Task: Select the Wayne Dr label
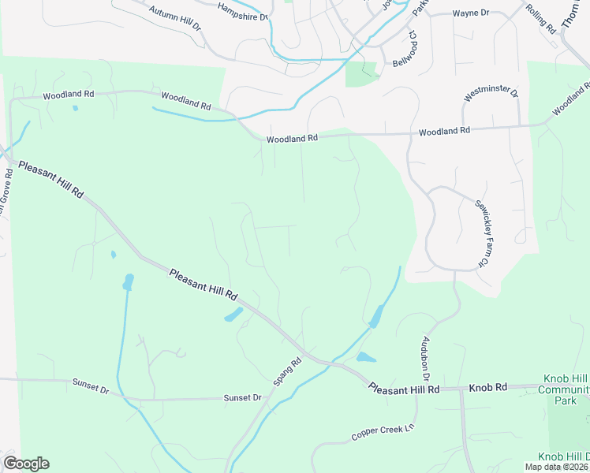[x=471, y=13]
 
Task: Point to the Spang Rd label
[x=288, y=372]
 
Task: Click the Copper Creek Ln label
[x=383, y=433]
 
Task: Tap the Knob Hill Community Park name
[x=563, y=389]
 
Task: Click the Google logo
[x=26, y=464]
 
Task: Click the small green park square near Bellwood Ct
[x=360, y=73]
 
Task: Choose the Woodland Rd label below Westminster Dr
[x=444, y=131]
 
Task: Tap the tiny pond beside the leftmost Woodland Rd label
[x=76, y=108]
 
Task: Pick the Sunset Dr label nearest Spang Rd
[x=242, y=397]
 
